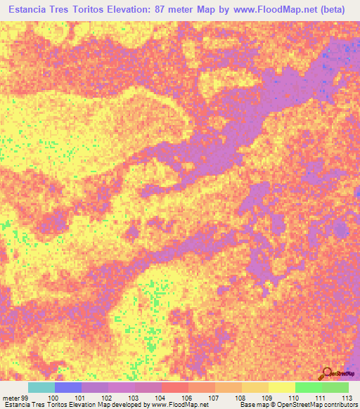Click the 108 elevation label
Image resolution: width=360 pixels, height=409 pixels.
(x=240, y=397)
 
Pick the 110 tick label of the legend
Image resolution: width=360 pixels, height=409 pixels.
(x=293, y=397)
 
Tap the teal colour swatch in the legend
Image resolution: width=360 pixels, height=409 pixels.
(x=41, y=387)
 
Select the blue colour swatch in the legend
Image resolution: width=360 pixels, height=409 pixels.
(x=68, y=387)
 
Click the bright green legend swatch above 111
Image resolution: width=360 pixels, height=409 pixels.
(x=309, y=387)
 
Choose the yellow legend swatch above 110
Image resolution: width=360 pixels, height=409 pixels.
(x=282, y=387)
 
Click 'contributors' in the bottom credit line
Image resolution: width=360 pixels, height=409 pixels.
(x=337, y=405)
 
